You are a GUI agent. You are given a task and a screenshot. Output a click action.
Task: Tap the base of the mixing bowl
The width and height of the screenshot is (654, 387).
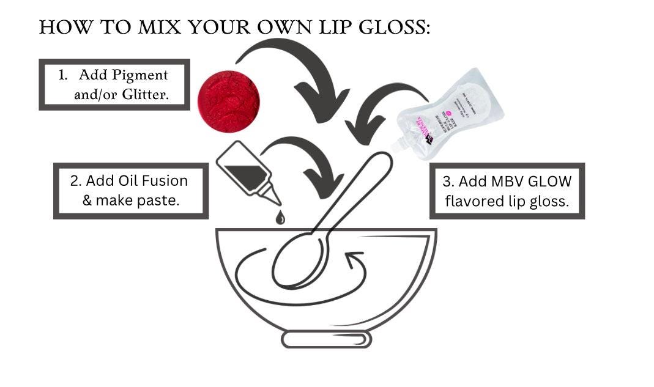click(326, 339)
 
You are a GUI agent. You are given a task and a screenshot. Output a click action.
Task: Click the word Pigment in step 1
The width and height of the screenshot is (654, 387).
click(140, 75)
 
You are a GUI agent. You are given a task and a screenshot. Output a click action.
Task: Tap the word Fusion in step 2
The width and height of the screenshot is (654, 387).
click(165, 181)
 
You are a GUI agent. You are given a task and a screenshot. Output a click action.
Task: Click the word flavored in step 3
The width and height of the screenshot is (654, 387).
click(474, 201)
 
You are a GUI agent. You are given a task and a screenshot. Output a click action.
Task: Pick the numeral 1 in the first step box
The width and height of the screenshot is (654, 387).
click(62, 75)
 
